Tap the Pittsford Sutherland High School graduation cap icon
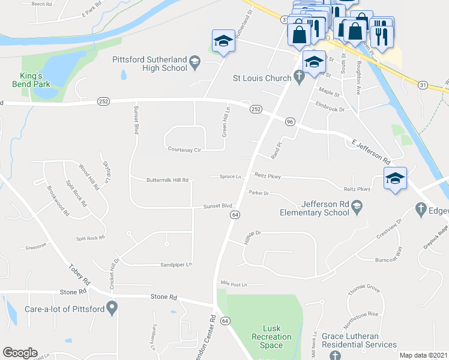tap(195, 62)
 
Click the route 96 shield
tap(290, 122)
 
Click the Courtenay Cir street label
tap(183, 149)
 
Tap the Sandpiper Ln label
tap(176, 265)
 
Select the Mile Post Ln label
tap(234, 283)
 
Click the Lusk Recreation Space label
tap(268, 337)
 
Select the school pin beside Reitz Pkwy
tap(395, 179)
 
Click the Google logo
tap(20, 353)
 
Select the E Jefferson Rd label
tap(371, 152)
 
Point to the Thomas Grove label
tap(364, 289)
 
